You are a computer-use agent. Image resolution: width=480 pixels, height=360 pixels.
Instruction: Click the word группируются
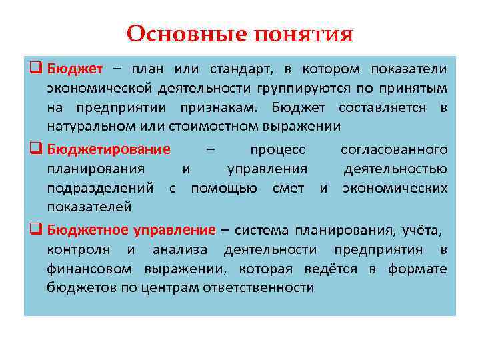[295, 89]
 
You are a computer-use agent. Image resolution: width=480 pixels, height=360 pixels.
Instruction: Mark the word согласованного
[403, 149]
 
